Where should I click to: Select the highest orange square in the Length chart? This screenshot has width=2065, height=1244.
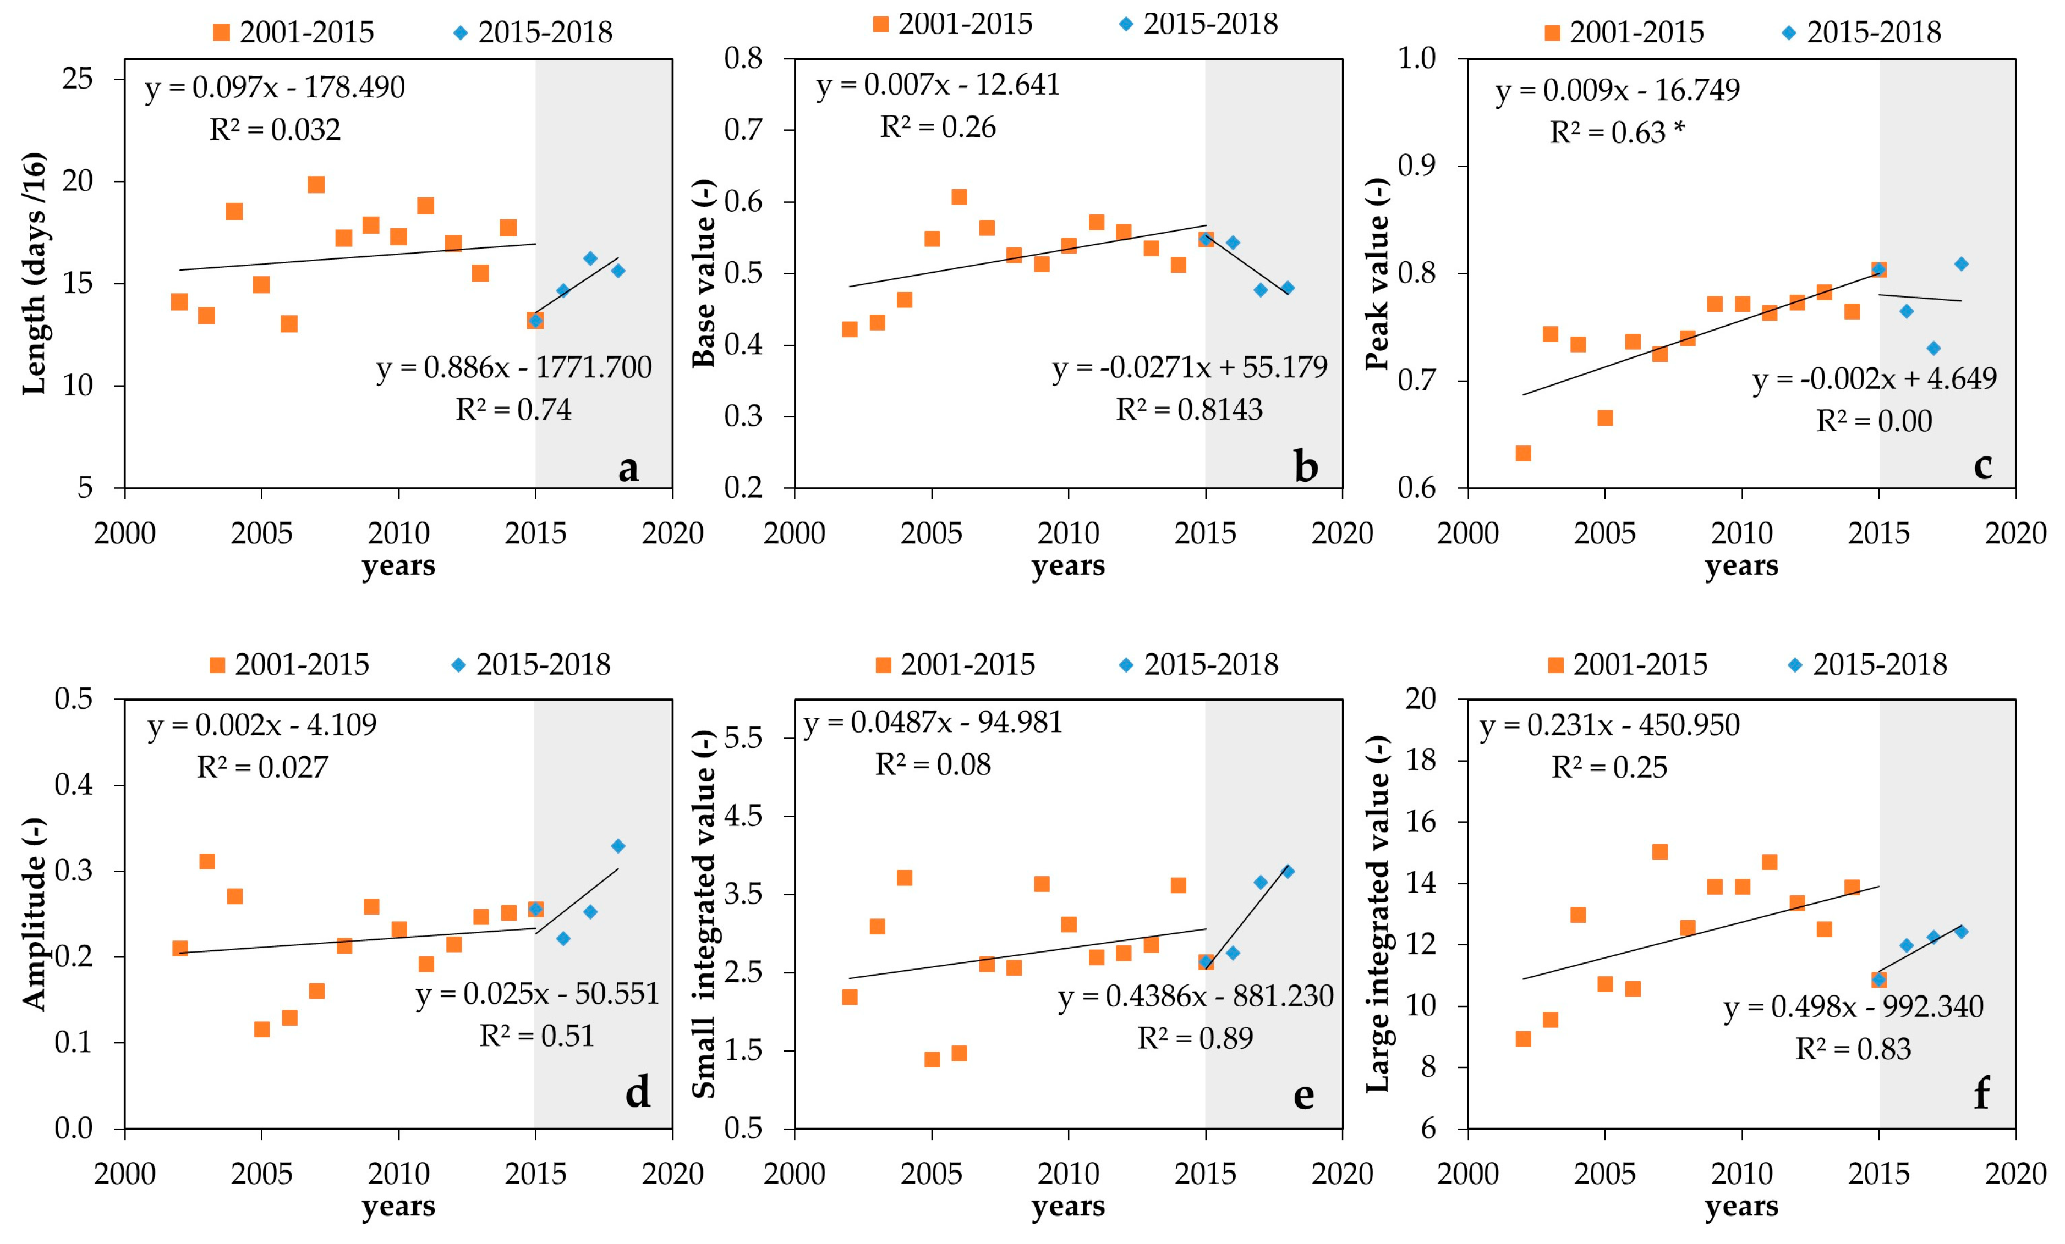coord(316,184)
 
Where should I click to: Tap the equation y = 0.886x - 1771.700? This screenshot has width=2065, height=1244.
coord(514,367)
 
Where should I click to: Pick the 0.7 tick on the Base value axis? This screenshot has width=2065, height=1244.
coord(744,130)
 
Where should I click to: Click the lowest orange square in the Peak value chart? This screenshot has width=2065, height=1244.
coord(1523,453)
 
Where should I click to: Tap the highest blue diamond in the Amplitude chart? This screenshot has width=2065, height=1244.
coord(618,846)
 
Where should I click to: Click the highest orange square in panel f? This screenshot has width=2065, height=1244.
coord(1659,852)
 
